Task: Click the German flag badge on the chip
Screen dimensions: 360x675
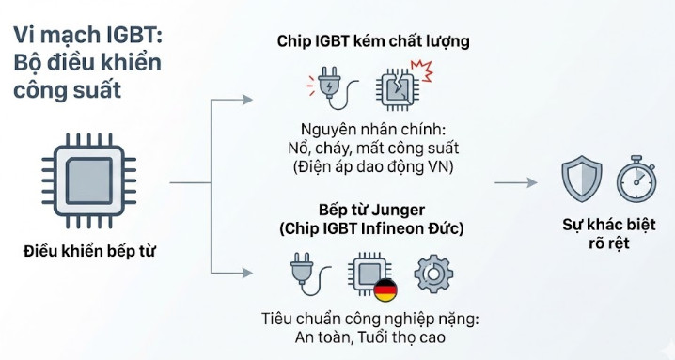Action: tap(385, 290)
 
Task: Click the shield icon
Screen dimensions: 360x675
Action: tap(580, 180)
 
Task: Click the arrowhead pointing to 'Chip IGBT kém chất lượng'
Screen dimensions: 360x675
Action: tap(248, 98)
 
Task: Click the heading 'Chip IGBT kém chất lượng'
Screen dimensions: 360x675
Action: tap(373, 41)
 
